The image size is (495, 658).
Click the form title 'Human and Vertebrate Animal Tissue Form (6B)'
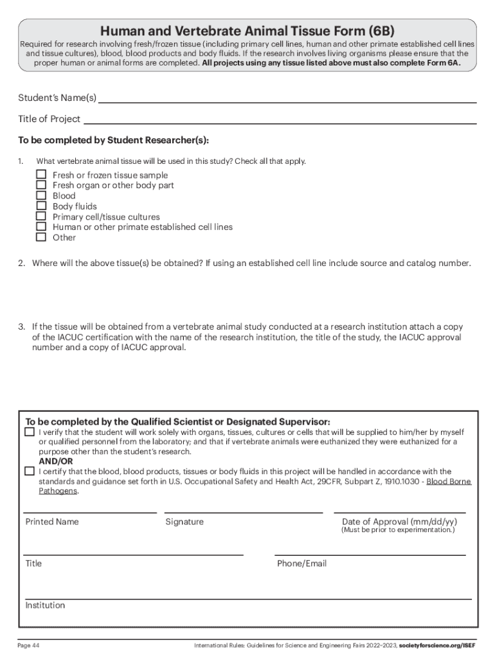tap(247, 31)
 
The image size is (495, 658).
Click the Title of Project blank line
tap(280, 121)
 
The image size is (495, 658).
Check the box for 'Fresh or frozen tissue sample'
tap(41, 175)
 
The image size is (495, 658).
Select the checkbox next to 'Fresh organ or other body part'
tap(41, 185)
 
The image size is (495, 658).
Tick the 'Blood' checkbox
tap(41, 195)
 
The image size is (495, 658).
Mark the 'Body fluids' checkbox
tap(41, 206)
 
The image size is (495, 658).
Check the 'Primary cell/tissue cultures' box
tap(41, 217)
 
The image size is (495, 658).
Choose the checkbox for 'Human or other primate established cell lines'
tap(41, 227)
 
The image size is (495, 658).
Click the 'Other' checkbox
tap(41, 237)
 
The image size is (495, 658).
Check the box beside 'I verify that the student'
tap(30, 432)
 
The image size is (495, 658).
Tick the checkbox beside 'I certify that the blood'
tap(30, 471)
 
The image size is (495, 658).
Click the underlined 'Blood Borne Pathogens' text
tap(448, 481)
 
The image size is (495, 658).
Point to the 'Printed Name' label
tap(52, 522)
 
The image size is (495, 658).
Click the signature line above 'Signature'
tap(244, 511)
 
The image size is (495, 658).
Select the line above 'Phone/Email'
tap(370, 553)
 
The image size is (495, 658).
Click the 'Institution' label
tap(45, 605)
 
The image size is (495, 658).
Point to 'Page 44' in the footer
tap(29, 645)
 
